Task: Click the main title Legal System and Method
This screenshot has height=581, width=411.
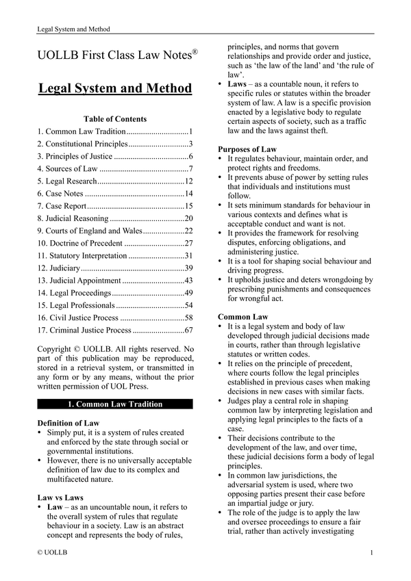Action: pos(115,89)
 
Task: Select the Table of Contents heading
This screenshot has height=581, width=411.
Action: pos(115,119)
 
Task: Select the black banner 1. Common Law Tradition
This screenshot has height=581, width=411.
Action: pos(115,404)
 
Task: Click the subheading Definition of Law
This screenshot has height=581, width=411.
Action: pos(68,423)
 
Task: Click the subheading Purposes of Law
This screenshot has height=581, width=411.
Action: pos(247,149)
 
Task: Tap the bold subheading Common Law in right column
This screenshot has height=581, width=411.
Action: pos(243,318)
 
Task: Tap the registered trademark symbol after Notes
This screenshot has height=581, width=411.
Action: pos(195,52)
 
